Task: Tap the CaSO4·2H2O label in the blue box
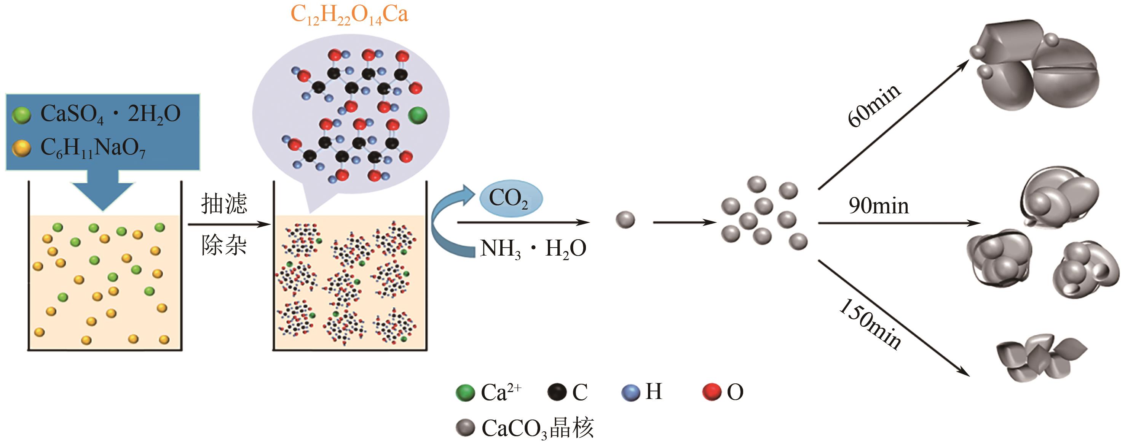tap(110, 114)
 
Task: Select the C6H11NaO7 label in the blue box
tap(93, 148)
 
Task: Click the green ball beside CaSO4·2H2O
tap(21, 115)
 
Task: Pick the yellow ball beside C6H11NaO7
tap(21, 148)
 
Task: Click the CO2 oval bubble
tap(511, 198)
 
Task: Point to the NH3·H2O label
tap(533, 249)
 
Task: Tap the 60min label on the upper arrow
tap(874, 106)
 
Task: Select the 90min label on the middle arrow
tap(879, 206)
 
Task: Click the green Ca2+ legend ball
tap(465, 393)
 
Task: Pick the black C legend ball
tap(557, 392)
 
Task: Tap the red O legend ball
tap(712, 392)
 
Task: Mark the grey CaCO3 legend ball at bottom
tap(465, 428)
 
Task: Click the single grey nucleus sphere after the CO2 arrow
tap(625, 219)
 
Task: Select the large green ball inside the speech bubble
tap(418, 115)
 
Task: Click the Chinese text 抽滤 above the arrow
tap(224, 204)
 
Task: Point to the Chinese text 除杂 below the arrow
tap(224, 245)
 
